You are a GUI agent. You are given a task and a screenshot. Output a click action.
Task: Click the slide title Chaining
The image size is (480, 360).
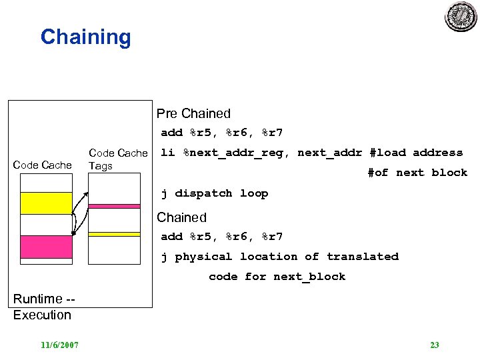click(85, 37)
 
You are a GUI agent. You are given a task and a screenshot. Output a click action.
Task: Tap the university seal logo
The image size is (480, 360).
click(461, 17)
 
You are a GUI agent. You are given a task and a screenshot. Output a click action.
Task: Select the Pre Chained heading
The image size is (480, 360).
click(193, 113)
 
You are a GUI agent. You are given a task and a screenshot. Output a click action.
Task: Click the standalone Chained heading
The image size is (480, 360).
click(181, 217)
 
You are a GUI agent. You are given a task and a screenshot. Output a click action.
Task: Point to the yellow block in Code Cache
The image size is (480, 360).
click(46, 203)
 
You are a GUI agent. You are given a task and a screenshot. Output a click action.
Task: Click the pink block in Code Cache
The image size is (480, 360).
click(46, 247)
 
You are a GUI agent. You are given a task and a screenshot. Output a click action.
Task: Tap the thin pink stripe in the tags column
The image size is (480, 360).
click(114, 207)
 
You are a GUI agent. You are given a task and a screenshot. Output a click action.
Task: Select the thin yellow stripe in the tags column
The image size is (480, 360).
click(114, 234)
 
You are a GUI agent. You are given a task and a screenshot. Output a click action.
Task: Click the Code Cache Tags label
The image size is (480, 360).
click(117, 159)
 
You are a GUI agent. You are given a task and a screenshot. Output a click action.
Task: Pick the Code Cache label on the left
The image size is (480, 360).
click(42, 165)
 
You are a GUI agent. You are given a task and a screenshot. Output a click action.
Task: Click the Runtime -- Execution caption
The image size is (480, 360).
click(43, 307)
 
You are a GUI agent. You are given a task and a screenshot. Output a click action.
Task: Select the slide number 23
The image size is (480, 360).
click(435, 345)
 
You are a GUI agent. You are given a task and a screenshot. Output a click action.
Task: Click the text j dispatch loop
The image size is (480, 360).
click(214, 193)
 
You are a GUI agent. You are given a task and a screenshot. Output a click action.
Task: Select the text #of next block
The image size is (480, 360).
click(417, 173)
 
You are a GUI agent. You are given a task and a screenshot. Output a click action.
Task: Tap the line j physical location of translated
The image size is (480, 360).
click(279, 257)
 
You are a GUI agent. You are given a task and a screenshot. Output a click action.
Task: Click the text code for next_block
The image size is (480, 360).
click(277, 277)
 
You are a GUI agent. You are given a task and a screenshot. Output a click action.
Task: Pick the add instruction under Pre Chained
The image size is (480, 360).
click(222, 133)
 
